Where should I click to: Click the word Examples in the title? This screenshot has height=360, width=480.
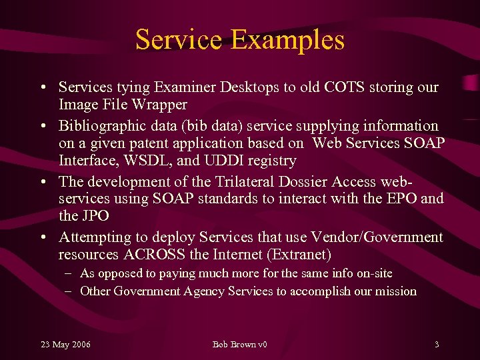click(288, 39)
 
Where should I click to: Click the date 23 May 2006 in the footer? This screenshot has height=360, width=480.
click(66, 344)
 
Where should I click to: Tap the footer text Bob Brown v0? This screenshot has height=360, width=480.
click(239, 344)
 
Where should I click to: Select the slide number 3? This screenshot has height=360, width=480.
click(436, 344)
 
